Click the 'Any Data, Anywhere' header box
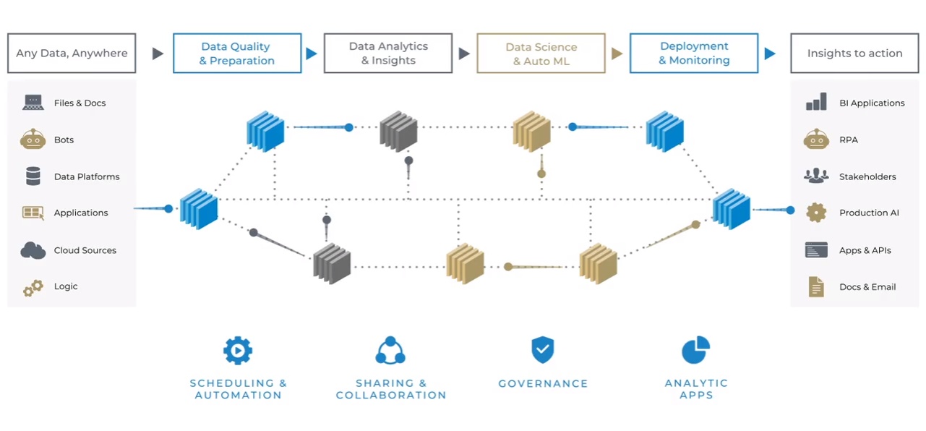point(72,53)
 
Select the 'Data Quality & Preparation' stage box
point(237,53)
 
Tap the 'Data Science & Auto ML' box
point(541,53)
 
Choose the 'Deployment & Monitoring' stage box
point(694,53)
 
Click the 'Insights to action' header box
point(854,53)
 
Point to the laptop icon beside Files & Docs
point(33,103)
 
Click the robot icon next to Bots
point(33,139)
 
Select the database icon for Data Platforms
point(33,176)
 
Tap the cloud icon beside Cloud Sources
point(33,250)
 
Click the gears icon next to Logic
point(33,288)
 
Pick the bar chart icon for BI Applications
point(816,103)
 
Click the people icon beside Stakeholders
point(816,176)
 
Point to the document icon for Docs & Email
point(816,287)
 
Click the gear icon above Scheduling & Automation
point(237,351)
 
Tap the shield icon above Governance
point(543,350)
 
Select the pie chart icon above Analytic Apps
point(695,350)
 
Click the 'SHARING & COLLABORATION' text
point(391,389)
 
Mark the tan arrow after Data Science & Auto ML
point(617,54)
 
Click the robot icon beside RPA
point(816,139)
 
